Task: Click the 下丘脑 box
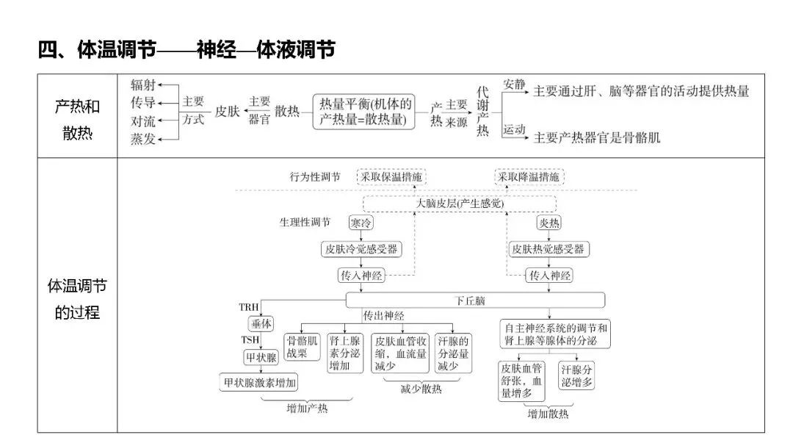475,300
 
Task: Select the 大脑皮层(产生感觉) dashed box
460,204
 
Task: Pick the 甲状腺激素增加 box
260,382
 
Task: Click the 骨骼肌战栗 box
303,348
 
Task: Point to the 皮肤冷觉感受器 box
362,249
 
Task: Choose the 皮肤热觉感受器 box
549,249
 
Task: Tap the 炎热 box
549,223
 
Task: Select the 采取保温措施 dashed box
391,177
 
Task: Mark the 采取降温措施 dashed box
529,177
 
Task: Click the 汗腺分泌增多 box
577,374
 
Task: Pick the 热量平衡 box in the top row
365,112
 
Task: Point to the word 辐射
143,84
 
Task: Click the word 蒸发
143,139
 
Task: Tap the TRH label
249,306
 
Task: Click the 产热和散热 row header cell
77,116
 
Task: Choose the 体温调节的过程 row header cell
77,298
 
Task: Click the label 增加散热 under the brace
548,414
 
